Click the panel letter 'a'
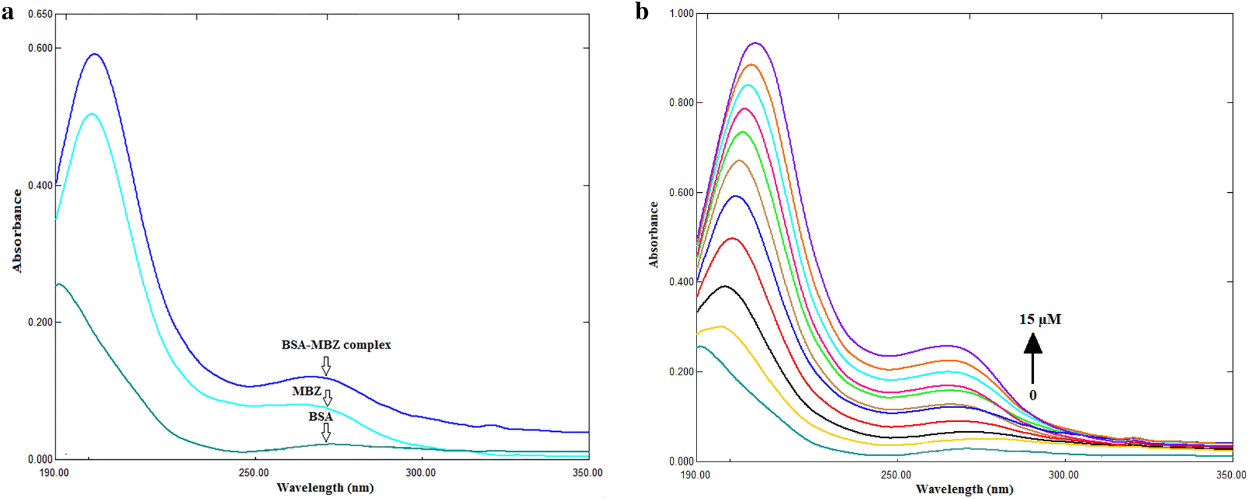point(7,12)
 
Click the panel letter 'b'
point(642,12)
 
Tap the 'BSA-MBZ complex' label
point(336,345)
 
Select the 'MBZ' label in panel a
point(307,391)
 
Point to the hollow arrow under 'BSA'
point(326,432)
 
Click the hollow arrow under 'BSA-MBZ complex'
point(326,365)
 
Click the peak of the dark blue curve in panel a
point(95,54)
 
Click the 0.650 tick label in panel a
point(40,14)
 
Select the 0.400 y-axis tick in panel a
point(40,185)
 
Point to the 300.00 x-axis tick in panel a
point(421,473)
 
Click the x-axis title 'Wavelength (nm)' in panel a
point(325,488)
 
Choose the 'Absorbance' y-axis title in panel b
point(654,235)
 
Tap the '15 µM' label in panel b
point(1040,320)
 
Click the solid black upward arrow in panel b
point(1033,358)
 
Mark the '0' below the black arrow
point(1033,395)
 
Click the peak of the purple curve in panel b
point(756,43)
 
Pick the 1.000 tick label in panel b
point(682,14)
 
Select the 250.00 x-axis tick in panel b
point(896,475)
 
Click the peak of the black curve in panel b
point(725,286)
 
